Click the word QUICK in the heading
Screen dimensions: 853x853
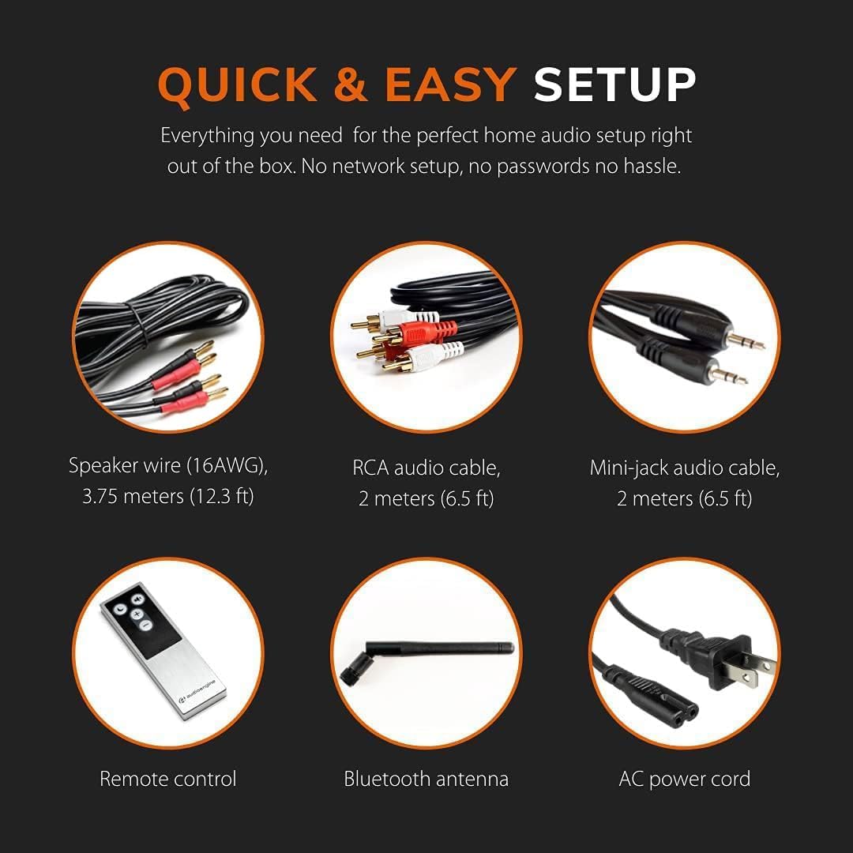click(x=237, y=85)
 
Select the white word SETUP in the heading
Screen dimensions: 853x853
click(x=614, y=85)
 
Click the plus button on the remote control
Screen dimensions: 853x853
click(x=137, y=614)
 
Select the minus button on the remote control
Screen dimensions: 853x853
click(x=145, y=626)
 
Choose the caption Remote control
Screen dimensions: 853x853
click(x=168, y=779)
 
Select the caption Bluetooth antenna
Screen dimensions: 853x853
click(x=426, y=779)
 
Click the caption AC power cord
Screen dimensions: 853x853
click(x=684, y=779)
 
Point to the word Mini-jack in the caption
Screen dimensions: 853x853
click(x=629, y=468)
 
